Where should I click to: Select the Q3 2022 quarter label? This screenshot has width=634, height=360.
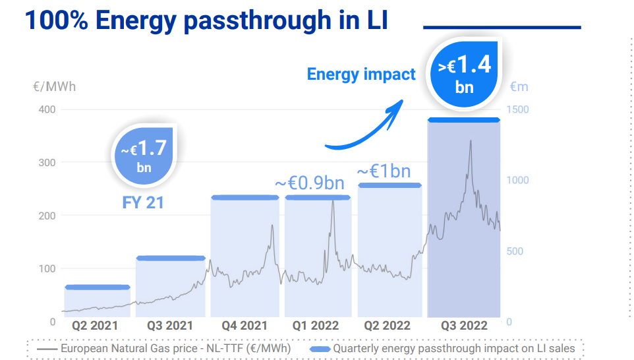pyautogui.click(x=463, y=326)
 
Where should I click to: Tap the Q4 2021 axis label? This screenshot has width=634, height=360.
pyautogui.click(x=244, y=326)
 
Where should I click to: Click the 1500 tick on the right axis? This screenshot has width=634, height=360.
pyautogui.click(x=517, y=109)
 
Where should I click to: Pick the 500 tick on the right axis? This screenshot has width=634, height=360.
pyautogui.click(x=517, y=251)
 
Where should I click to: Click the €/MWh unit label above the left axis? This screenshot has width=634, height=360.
pyautogui.click(x=54, y=87)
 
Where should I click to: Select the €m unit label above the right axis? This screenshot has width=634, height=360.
pyautogui.click(x=519, y=87)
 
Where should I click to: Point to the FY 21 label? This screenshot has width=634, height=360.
pyautogui.click(x=143, y=202)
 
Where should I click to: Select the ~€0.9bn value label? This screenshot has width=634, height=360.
pyautogui.click(x=309, y=183)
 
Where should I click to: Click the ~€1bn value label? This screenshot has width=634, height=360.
pyautogui.click(x=384, y=171)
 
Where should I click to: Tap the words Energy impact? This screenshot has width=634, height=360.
pyautogui.click(x=361, y=75)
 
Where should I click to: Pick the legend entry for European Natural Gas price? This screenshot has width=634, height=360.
pyautogui.click(x=163, y=348)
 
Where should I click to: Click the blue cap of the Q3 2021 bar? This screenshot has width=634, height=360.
pyautogui.click(x=171, y=258)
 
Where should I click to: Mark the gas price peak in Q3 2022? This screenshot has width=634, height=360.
pyautogui.click(x=470, y=141)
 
